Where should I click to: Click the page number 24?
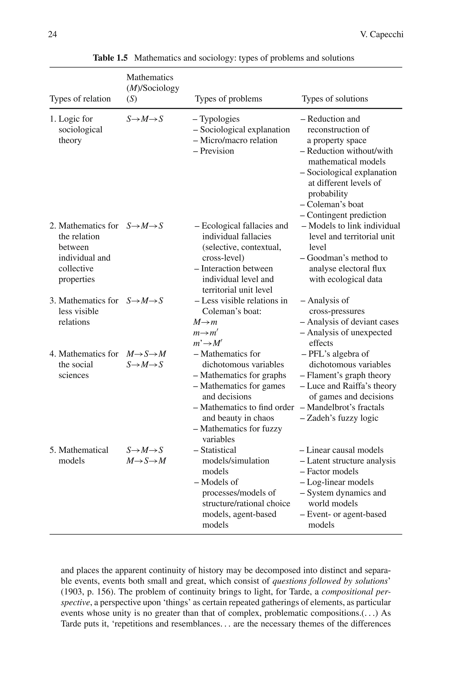[52, 34]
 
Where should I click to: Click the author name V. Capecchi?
[381, 34]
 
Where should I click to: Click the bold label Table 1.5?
[110, 58]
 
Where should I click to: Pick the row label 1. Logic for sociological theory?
[76, 129]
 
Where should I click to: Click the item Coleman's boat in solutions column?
[332, 204]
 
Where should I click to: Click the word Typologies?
[219, 119]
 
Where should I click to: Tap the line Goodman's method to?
[344, 258]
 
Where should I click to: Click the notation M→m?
[205, 322]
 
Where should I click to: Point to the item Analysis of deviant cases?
[349, 322]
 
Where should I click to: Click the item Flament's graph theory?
[346, 375]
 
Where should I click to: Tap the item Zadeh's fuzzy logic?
[339, 418]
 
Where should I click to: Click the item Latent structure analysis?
[348, 461]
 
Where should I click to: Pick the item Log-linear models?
[337, 482]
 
